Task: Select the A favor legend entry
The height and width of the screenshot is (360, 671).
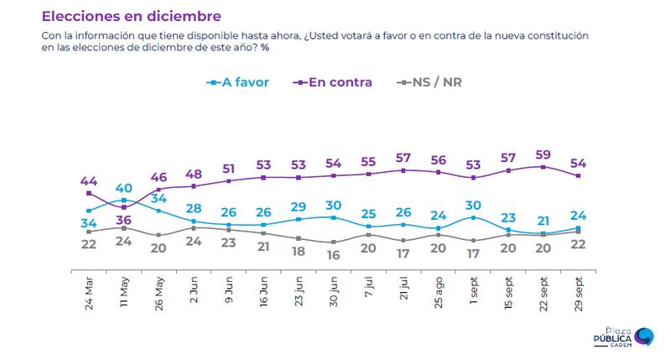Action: [237, 82]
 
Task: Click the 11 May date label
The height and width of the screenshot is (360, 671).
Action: [125, 290]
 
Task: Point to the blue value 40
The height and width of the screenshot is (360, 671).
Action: [123, 187]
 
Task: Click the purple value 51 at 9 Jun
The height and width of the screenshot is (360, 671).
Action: [229, 167]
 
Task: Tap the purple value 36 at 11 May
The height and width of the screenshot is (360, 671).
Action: [123, 221]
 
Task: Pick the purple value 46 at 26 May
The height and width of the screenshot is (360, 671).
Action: [159, 177]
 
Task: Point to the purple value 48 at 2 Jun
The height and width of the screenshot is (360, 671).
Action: [194, 174]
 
